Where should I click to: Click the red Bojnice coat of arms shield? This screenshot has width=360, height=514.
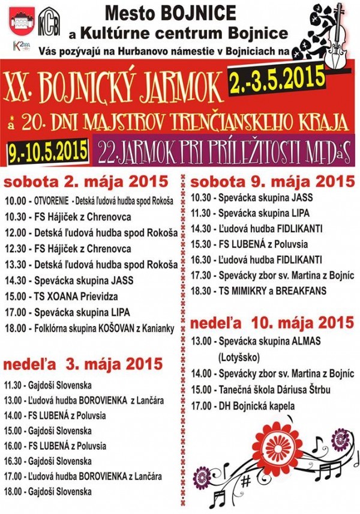coord(20,24)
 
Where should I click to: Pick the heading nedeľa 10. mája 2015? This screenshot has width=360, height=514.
coord(271,322)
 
